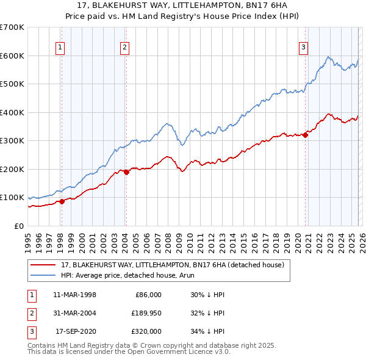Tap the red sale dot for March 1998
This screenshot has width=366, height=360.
point(62,201)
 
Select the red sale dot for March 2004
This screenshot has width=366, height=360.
point(126,172)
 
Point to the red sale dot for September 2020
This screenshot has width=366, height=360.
point(305,135)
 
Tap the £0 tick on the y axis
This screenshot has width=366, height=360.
point(20,226)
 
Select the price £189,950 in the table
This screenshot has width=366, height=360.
point(144,313)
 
